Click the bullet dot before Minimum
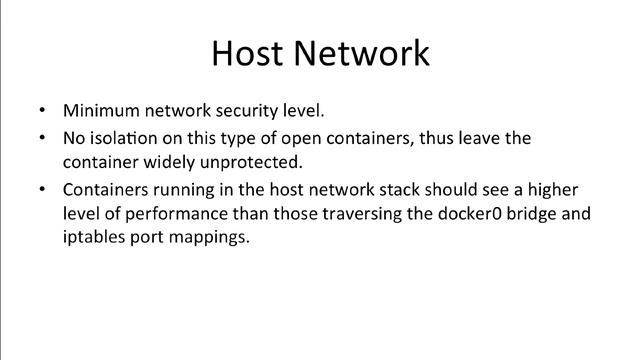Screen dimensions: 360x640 [x=41, y=110]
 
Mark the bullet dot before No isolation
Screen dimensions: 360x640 [x=41, y=138]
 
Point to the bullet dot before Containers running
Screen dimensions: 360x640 [x=41, y=189]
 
